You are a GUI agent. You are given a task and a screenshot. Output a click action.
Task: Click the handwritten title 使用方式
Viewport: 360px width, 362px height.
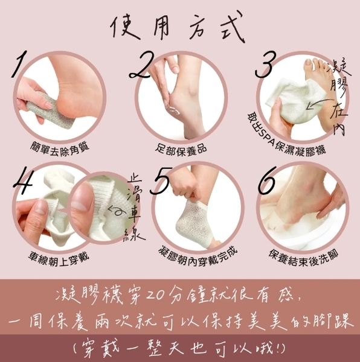click(177, 27)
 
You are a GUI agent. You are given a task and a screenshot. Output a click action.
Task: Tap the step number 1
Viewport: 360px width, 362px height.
click(19, 64)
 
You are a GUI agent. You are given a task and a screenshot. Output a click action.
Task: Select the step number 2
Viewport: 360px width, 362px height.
click(141, 65)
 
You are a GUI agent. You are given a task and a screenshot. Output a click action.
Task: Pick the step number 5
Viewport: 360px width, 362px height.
click(161, 180)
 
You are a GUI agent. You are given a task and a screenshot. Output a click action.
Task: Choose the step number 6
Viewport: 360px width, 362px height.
click(266, 180)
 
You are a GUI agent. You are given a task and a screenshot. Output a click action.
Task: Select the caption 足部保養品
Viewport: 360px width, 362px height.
click(181, 150)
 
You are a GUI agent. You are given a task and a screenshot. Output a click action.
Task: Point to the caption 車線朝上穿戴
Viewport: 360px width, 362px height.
click(59, 259)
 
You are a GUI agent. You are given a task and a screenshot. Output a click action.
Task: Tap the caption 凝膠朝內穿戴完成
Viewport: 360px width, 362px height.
click(198, 257)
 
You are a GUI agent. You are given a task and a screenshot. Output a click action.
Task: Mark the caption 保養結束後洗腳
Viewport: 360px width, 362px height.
click(303, 258)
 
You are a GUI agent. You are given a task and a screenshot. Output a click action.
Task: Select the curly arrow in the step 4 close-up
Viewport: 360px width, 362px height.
click(117, 211)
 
